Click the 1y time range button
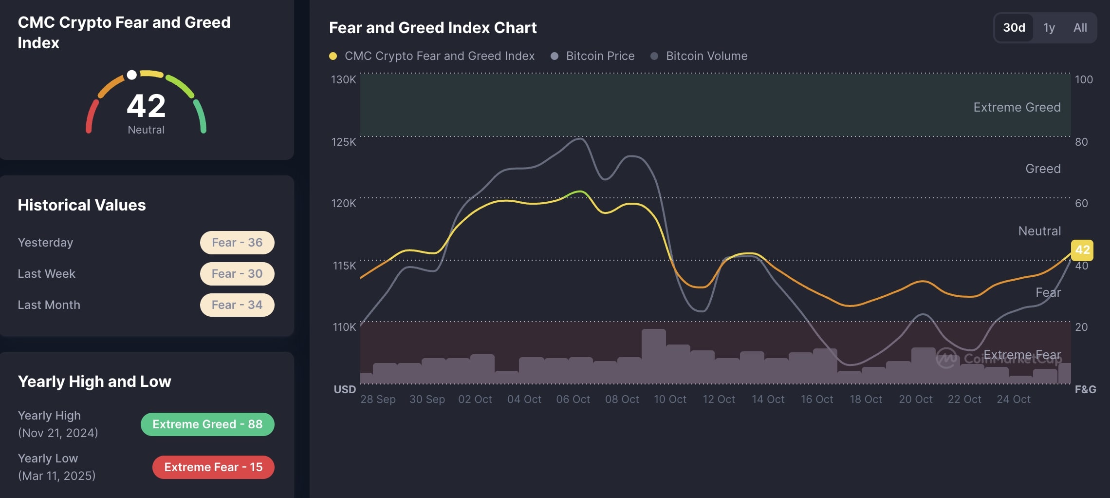pos(1049,28)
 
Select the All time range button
pos(1080,28)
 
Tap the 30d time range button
pos(1014,28)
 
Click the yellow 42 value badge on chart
pos(1082,250)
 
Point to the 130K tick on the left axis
pos(343,79)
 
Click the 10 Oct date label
pos(670,399)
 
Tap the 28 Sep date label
pos(378,399)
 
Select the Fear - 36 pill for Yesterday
pos(237,243)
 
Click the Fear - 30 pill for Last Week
pos(237,274)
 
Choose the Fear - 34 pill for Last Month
pos(237,305)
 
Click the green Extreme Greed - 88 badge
pos(207,424)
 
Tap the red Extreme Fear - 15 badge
pos(213,467)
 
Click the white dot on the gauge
pos(131,75)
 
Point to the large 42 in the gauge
pos(146,106)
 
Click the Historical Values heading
pos(82,205)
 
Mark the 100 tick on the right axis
pos(1084,79)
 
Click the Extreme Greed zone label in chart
pos(1017,107)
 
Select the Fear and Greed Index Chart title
pos(433,28)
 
